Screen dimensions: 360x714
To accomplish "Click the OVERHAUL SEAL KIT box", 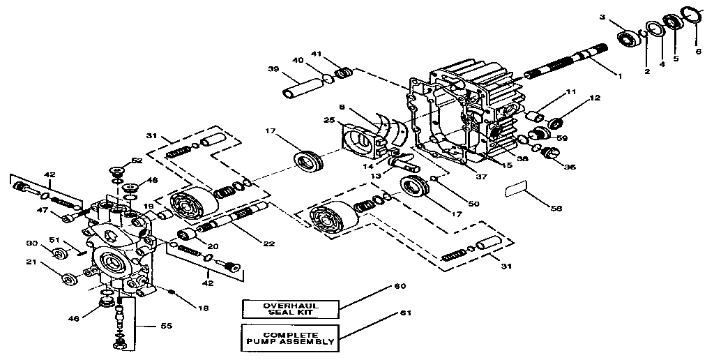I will tap(290, 309).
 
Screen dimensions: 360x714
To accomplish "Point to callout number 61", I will tap(401, 313).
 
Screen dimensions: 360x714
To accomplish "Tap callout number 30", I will tap(31, 243).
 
